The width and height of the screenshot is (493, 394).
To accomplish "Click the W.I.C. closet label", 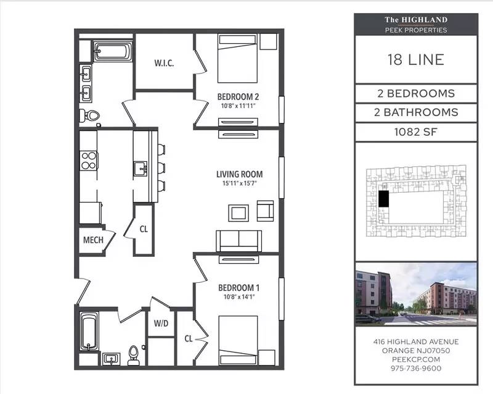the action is [x=164, y=63].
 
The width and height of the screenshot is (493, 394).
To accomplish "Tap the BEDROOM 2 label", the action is [x=238, y=96].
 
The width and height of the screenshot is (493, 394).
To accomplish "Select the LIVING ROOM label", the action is [x=240, y=174].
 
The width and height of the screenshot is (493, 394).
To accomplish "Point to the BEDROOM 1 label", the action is [x=239, y=287].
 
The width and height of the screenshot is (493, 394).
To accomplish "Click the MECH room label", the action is [x=93, y=240].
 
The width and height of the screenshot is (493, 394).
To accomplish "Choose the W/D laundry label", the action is [x=161, y=323].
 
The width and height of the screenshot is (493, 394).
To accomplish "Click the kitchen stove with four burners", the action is [x=89, y=161].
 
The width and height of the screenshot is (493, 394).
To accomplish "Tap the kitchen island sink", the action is [x=141, y=169].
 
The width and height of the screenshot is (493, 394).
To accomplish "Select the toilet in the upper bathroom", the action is [x=89, y=115].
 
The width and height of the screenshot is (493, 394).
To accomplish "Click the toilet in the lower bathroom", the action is [x=134, y=356].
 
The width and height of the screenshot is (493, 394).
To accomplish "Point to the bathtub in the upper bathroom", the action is [x=113, y=51].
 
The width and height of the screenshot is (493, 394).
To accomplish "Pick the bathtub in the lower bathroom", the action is [x=89, y=331].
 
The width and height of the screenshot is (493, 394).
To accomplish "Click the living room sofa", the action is [x=239, y=241].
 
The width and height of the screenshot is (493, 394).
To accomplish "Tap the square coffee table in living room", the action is [x=238, y=213].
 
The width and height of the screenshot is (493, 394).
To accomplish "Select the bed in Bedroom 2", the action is [x=238, y=59].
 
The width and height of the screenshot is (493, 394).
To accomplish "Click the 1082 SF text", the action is [x=415, y=132].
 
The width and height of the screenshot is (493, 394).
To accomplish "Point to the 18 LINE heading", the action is [x=415, y=59].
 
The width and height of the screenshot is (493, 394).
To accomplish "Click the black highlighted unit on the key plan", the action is [x=383, y=199].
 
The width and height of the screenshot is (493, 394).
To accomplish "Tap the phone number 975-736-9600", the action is [x=416, y=368].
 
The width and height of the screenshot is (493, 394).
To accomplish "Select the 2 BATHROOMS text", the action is [x=416, y=112].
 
